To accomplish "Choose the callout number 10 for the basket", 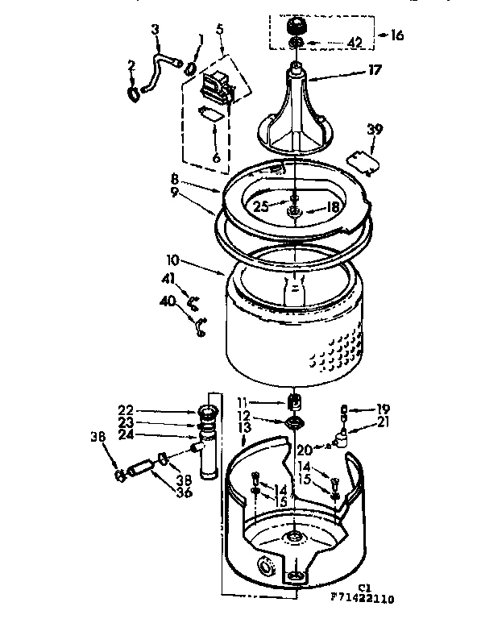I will pyautogui.click(x=174, y=263).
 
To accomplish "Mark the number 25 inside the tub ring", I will pyautogui.click(x=261, y=206).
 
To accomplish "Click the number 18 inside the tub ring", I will pyautogui.click(x=331, y=206).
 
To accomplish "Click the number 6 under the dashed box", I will pyautogui.click(x=216, y=158).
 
